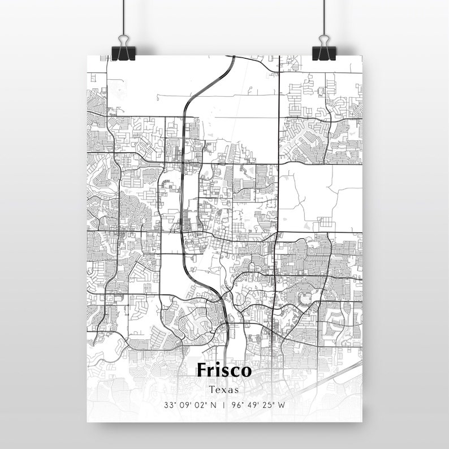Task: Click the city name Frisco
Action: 225,370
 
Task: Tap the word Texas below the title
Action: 225,390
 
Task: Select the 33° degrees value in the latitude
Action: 170,405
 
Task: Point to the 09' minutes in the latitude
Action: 185,405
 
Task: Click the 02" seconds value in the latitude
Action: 201,405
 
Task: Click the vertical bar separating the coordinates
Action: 225,405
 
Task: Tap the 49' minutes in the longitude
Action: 252,405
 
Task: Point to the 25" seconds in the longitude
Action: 267,405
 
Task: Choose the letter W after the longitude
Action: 281,405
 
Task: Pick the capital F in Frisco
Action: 202,370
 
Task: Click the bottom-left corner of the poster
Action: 88,421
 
